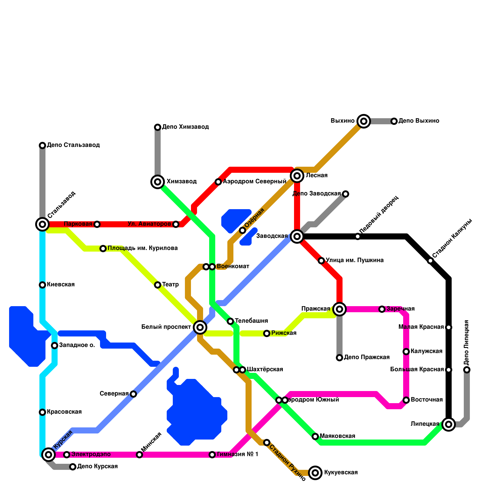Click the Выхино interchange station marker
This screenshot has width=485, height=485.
[x=364, y=121]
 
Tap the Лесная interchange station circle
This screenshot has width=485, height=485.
[x=297, y=176]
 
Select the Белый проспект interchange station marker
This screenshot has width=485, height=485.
[x=200, y=327]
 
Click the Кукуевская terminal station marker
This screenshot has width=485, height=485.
[x=315, y=473]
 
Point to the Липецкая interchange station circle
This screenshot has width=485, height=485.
[x=449, y=424]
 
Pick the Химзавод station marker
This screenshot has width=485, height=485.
[x=158, y=182]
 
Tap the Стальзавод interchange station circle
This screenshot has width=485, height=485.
[x=42, y=224]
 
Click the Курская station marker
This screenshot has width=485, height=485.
[x=48, y=454]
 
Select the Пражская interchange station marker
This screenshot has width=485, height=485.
[x=339, y=309]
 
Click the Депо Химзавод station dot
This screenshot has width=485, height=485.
[x=158, y=127]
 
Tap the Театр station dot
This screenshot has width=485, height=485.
[x=158, y=285]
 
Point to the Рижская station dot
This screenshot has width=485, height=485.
[x=267, y=333]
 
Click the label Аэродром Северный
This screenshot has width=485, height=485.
[x=254, y=182]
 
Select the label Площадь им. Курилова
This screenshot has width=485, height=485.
[x=142, y=248]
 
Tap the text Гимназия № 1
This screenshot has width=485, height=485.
[x=237, y=454]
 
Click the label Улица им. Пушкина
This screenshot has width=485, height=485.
[x=355, y=260]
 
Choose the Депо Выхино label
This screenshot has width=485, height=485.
[x=419, y=121]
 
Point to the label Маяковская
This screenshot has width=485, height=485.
[x=337, y=436]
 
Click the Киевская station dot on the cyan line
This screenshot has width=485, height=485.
[x=42, y=285]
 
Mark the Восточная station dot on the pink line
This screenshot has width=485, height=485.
[x=406, y=400]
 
